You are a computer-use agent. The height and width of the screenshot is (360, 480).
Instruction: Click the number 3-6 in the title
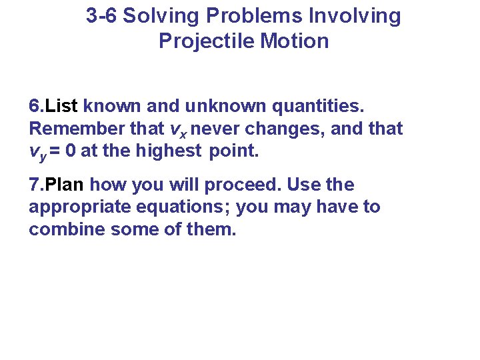pyautogui.click(x=101, y=16)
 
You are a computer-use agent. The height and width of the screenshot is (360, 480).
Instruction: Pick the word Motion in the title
pyautogui.click(x=295, y=41)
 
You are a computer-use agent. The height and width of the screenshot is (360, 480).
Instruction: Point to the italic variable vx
pyautogui.click(x=177, y=129)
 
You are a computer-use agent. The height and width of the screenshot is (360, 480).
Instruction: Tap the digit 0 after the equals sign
pyautogui.click(x=70, y=151)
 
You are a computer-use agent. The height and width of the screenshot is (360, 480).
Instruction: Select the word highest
pyautogui.click(x=168, y=151)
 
